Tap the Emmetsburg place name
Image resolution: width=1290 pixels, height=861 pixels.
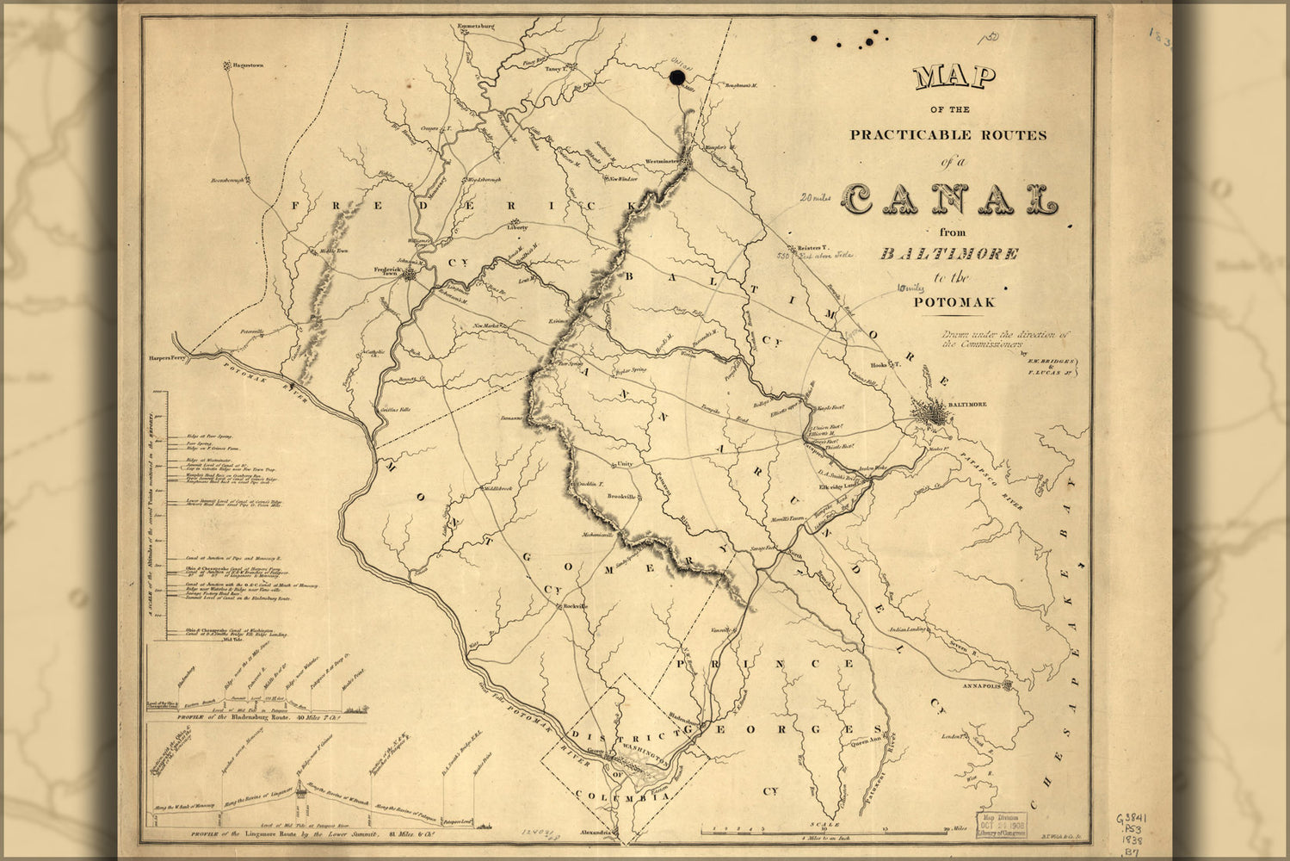pos(477,27)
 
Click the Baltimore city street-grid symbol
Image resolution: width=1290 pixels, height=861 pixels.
pos(933,418)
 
